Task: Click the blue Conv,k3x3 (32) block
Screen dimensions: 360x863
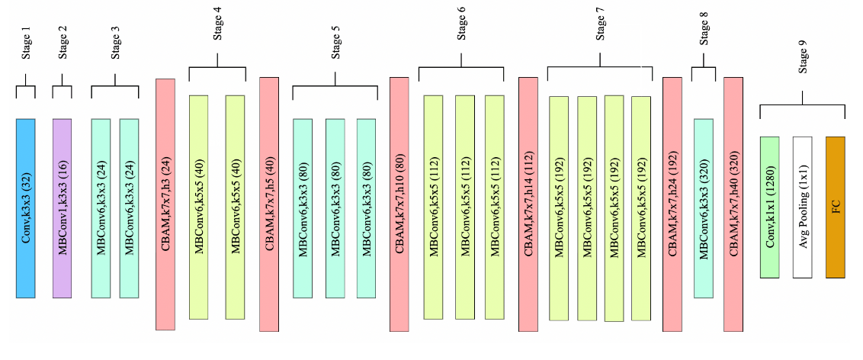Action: [x=25, y=207]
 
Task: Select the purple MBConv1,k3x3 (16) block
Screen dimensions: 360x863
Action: [x=63, y=207]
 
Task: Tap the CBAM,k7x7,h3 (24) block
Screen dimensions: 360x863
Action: [x=165, y=204]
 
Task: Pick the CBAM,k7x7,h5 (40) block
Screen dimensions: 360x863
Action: [x=269, y=204]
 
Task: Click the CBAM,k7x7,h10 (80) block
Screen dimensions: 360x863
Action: [x=399, y=204]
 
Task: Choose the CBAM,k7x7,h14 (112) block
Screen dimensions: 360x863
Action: [x=529, y=204]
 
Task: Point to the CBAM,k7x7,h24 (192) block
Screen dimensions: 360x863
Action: [x=672, y=204]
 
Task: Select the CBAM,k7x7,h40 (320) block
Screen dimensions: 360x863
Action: [x=733, y=204]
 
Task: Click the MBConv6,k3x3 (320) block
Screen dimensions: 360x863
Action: [x=703, y=207]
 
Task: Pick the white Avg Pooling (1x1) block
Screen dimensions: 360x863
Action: [x=803, y=207]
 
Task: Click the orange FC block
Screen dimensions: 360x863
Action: [x=836, y=207]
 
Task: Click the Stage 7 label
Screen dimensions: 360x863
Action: [x=599, y=27]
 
